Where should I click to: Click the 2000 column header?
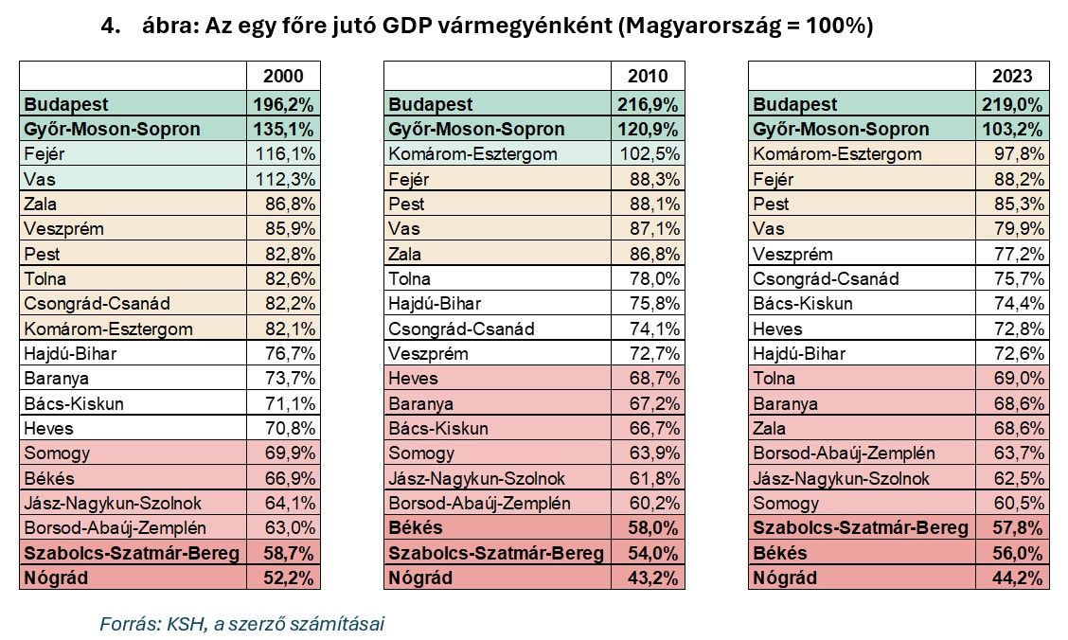click(283, 77)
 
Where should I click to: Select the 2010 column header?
click(648, 77)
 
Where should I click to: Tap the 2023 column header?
click(1013, 77)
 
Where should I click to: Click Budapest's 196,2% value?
click(284, 104)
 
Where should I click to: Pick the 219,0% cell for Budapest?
click(1014, 104)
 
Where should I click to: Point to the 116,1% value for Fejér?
click(284, 154)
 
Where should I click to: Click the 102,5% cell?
click(650, 154)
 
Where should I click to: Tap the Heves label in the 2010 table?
click(413, 379)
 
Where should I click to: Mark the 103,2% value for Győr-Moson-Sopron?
click(1014, 129)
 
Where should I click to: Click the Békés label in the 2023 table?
click(780, 553)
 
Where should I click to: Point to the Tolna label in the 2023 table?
click(774, 379)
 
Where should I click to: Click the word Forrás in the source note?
click(126, 624)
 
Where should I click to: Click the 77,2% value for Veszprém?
click(1019, 254)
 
